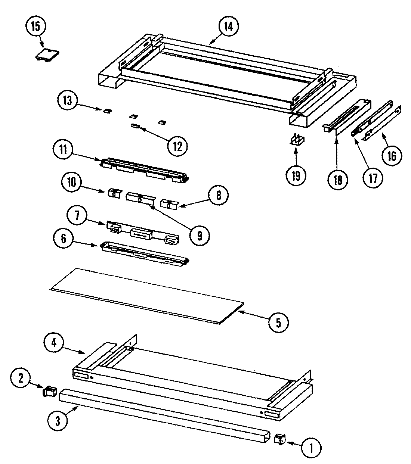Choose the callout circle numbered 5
click(278, 321)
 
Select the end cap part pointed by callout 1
click(279, 439)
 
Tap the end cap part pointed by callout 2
click(49, 392)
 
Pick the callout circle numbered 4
click(54, 342)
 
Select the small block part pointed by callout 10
click(114, 193)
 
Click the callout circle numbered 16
click(391, 156)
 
